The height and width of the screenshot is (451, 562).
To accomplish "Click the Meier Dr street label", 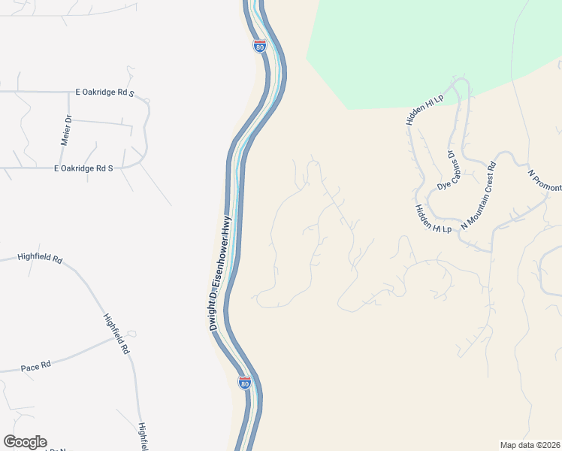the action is pyautogui.click(x=65, y=131).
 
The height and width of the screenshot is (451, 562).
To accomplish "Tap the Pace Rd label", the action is pyautogui.click(x=35, y=366).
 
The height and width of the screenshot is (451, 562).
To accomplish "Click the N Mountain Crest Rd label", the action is pyautogui.click(x=478, y=195).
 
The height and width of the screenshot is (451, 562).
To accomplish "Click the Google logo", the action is pyautogui.click(x=25, y=442).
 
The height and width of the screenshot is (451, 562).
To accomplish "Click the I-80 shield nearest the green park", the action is pyautogui.click(x=259, y=46).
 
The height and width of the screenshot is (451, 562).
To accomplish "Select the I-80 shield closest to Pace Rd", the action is pyautogui.click(x=244, y=383).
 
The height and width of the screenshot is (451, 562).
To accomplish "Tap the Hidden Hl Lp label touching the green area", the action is pyautogui.click(x=425, y=110).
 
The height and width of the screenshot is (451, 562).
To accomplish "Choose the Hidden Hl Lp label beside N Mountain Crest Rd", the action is pyautogui.click(x=433, y=219).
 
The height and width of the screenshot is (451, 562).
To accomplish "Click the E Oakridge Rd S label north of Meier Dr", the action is pyautogui.click(x=104, y=93).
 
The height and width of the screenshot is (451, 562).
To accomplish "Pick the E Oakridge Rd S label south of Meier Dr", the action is pyautogui.click(x=83, y=168).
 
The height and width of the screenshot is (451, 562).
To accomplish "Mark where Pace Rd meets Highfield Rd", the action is pyautogui.click(x=129, y=336).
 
